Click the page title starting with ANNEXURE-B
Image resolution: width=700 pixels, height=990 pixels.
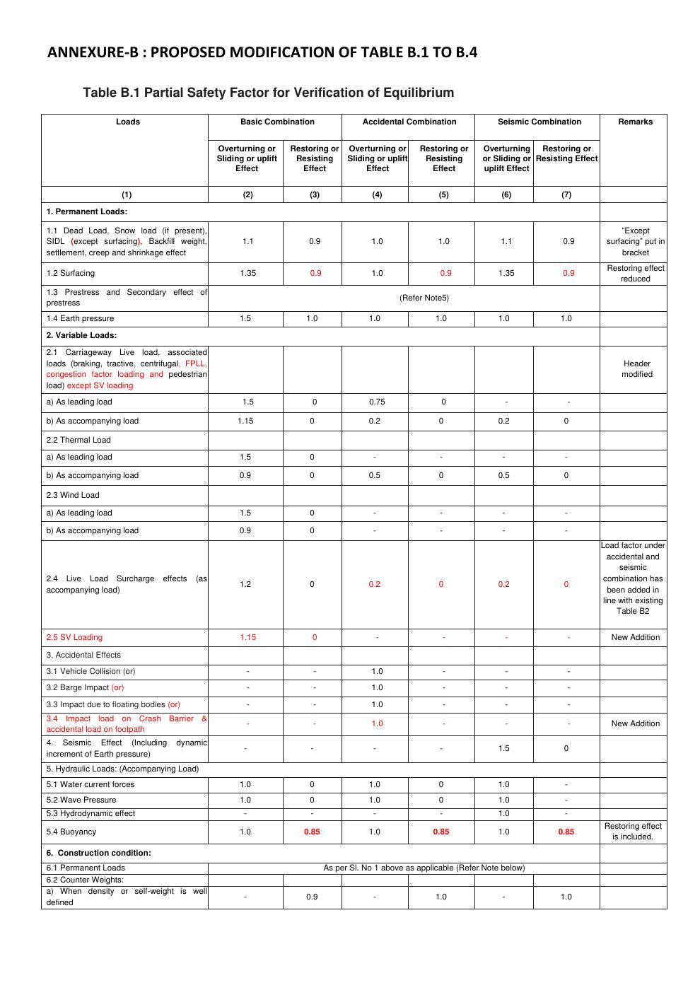point(262,52)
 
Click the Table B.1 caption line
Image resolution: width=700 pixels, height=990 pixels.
point(268,93)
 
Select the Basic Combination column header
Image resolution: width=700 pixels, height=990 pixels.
point(277,122)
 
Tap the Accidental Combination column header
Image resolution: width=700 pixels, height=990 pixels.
point(409,122)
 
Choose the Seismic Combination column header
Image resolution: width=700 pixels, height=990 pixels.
point(539,122)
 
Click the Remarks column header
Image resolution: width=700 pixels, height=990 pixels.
point(635,122)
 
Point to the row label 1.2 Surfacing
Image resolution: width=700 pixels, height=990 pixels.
point(71,273)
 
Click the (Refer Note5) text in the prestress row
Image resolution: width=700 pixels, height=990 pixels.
point(424,298)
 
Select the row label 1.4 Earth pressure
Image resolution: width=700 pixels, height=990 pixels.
point(80,318)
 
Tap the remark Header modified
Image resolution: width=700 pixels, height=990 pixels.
point(636,369)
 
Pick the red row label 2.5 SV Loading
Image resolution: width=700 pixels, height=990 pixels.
point(74,637)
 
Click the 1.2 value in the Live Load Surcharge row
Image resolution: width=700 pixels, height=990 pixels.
point(245,584)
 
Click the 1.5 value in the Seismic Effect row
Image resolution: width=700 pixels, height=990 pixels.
point(503,748)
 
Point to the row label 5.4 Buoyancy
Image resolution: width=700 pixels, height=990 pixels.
point(71,832)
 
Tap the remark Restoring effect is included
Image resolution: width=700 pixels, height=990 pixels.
point(633,832)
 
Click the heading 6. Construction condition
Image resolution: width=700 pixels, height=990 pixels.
point(98,853)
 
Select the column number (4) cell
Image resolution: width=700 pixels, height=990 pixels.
point(377,194)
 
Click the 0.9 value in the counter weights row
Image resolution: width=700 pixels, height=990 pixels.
point(312,897)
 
